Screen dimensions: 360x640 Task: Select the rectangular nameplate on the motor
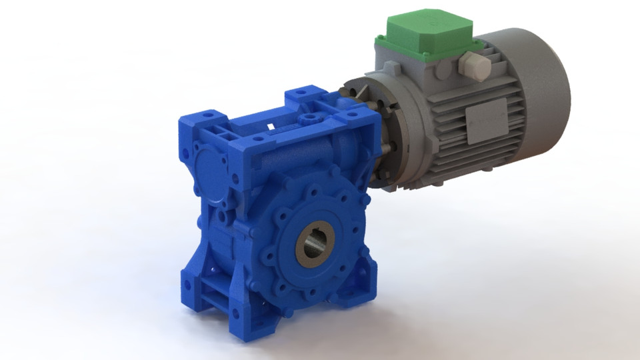click(486, 120)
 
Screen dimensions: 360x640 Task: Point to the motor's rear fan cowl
click(543, 80)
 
